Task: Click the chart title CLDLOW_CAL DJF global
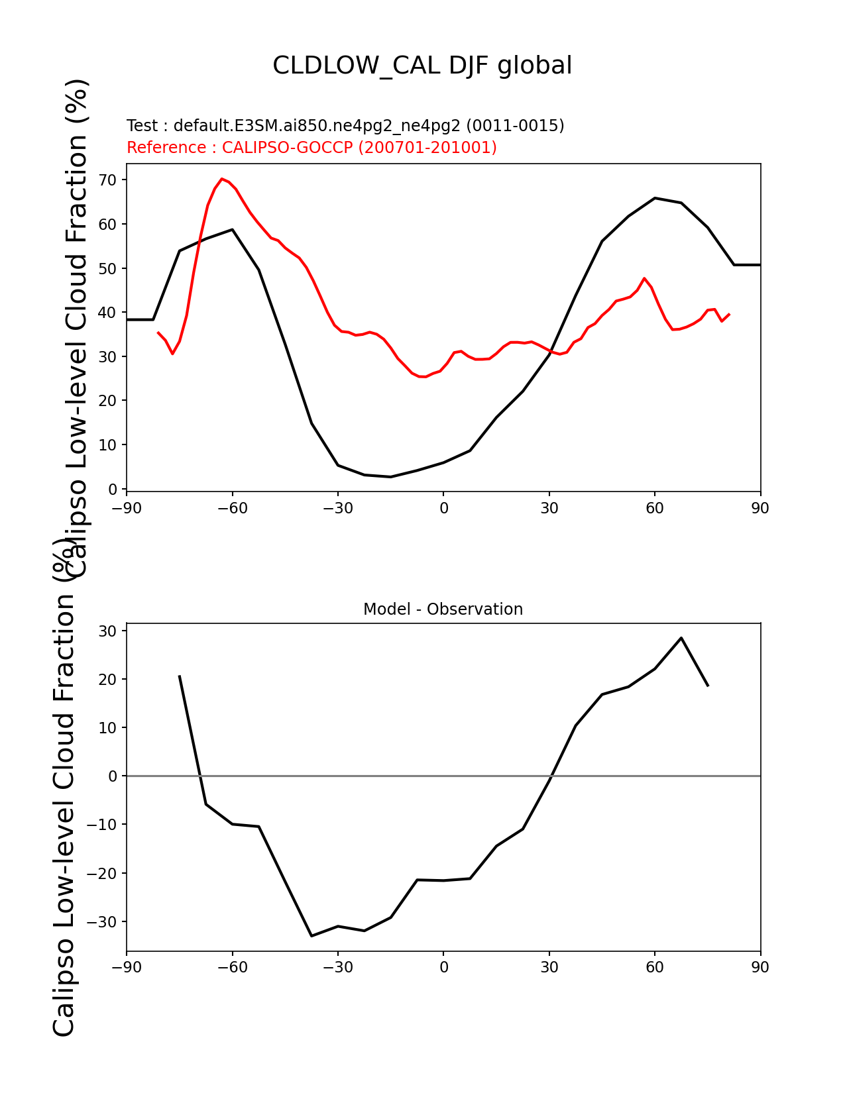pos(422,66)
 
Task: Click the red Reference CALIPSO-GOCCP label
pos(311,147)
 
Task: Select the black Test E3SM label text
pos(345,125)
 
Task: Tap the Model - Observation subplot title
pos(443,609)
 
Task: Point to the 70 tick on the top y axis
pos(107,180)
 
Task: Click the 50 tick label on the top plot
pos(107,268)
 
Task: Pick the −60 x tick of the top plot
pos(233,509)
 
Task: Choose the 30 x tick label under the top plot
pos(549,509)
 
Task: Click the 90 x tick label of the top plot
pos(760,509)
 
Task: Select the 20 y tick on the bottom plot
pos(107,680)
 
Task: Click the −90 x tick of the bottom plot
pos(127,967)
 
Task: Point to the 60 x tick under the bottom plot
pos(655,967)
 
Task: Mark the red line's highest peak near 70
pos(221,179)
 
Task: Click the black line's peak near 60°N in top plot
pos(655,197)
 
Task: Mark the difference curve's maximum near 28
pos(681,638)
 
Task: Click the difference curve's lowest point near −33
pos(311,936)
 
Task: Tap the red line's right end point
pos(729,314)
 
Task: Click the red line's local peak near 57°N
pos(644,278)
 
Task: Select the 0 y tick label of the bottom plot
pos(112,776)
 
